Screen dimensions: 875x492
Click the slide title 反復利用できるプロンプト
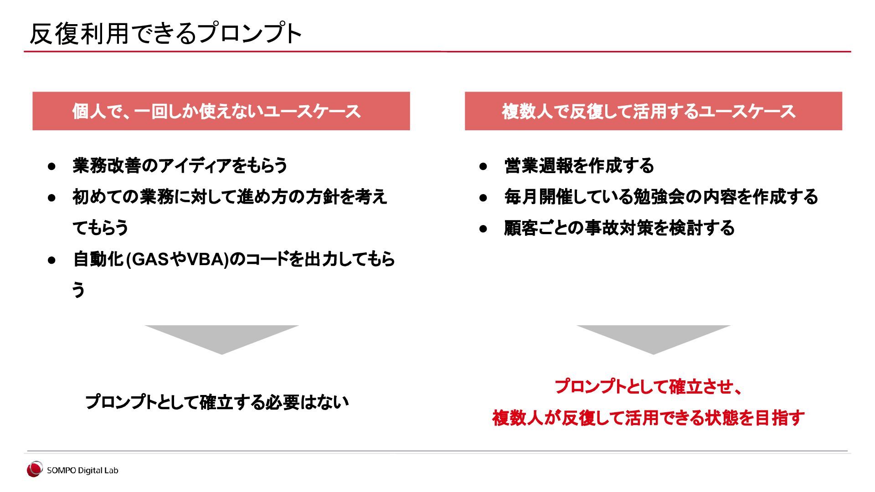(165, 33)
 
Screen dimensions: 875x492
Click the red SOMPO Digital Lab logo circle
(34, 470)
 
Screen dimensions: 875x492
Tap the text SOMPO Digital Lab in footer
(82, 471)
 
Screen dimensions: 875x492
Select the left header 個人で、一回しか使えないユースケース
(216, 111)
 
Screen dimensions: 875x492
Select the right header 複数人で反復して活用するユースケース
(649, 111)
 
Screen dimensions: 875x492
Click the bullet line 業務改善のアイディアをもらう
(180, 165)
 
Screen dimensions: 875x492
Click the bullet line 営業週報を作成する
(579, 165)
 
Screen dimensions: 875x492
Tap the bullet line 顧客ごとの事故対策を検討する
(619, 228)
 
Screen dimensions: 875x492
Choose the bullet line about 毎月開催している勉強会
(661, 197)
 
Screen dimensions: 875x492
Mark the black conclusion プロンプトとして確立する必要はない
(217, 402)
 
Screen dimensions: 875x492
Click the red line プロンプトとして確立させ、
(649, 386)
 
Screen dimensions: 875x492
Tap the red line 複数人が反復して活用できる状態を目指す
(649, 417)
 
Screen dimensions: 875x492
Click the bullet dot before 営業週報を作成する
(483, 166)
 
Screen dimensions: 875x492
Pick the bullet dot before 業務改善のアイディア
(51, 166)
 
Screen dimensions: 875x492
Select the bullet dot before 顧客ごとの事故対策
(483, 229)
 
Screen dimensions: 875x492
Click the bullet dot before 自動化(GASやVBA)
(51, 260)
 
